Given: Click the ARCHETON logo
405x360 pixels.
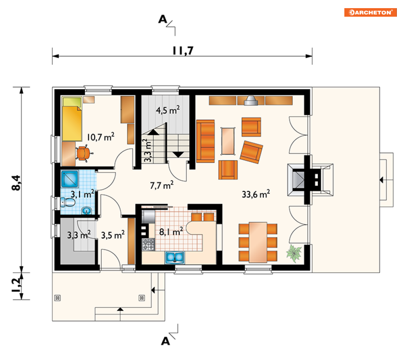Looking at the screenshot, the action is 370,12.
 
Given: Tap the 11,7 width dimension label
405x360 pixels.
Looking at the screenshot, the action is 183,50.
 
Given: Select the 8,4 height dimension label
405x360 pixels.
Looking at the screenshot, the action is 16,183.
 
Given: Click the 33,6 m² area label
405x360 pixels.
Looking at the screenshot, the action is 256,194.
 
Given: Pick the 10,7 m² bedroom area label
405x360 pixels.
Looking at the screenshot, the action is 101,137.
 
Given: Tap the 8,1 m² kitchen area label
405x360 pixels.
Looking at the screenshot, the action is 171,232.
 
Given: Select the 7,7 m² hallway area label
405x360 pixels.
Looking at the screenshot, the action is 162,185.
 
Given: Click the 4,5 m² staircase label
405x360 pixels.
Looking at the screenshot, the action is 168,110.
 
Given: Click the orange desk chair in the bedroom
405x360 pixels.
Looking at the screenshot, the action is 83,153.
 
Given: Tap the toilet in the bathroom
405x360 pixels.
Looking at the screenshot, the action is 68,202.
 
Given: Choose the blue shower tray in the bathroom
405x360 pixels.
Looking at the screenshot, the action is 70,179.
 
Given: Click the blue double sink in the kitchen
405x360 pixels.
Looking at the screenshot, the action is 175,257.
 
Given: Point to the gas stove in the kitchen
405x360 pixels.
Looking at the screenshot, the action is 148,244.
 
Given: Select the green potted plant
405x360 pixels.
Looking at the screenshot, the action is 294,253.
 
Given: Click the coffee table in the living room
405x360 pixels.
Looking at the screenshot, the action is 228,141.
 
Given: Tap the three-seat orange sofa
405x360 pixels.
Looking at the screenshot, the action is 205,141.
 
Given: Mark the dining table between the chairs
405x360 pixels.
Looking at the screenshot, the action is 258,242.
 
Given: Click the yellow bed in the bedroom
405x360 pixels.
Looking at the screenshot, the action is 72,119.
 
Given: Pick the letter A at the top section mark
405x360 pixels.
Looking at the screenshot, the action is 163,19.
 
